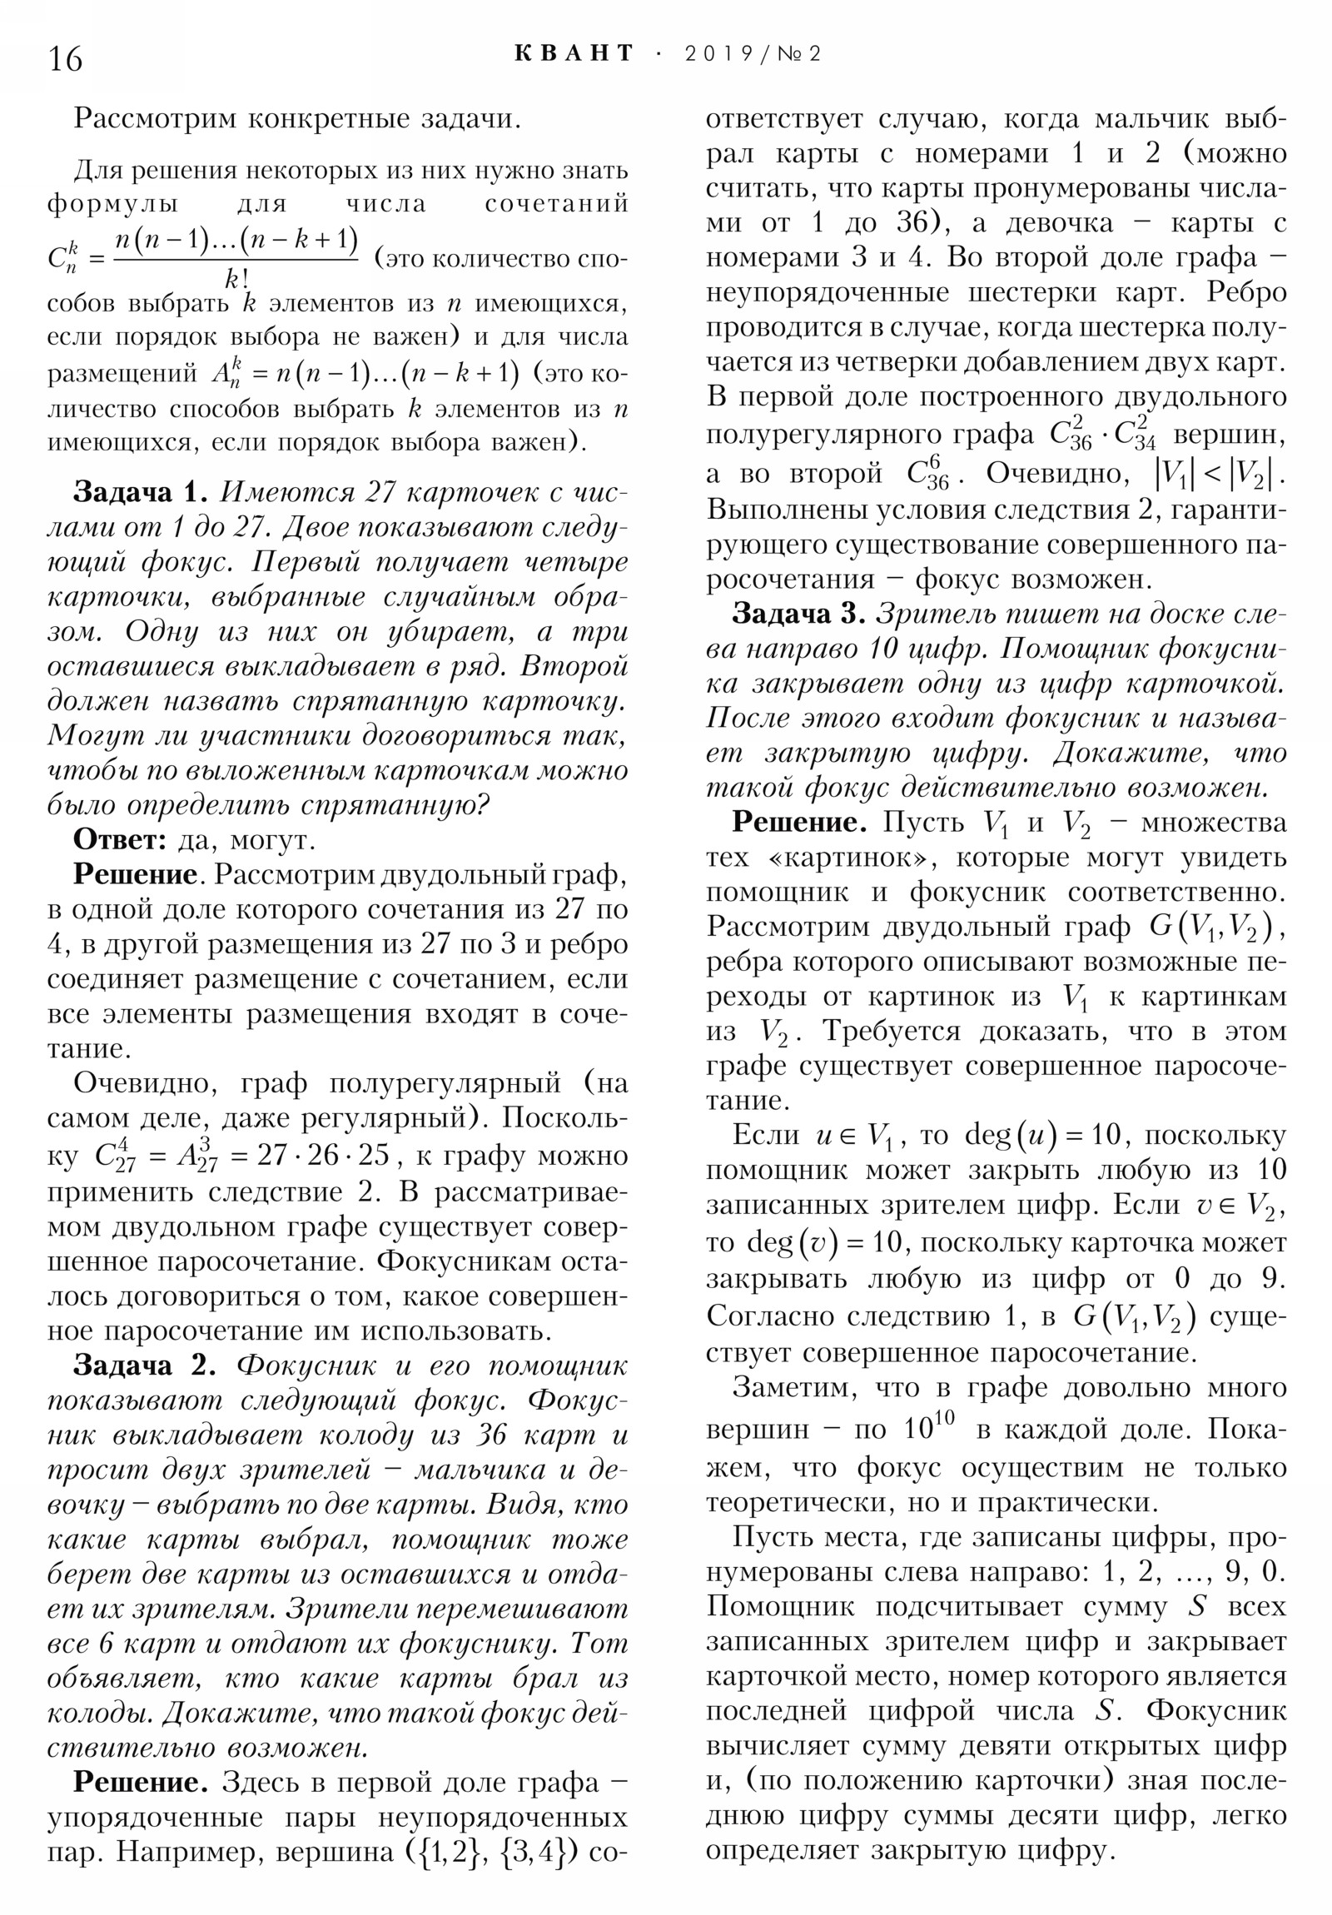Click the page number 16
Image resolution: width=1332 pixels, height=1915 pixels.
coord(65,60)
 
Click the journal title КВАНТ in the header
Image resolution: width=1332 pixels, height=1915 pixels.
coord(574,54)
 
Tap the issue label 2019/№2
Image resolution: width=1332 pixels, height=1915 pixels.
coord(753,55)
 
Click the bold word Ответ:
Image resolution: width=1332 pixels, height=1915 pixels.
coord(121,840)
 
